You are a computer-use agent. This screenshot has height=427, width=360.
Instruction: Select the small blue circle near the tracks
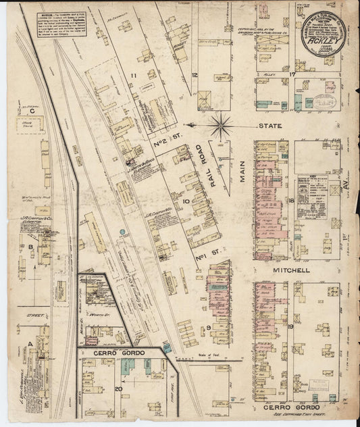pyautogui.click(x=123, y=232)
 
